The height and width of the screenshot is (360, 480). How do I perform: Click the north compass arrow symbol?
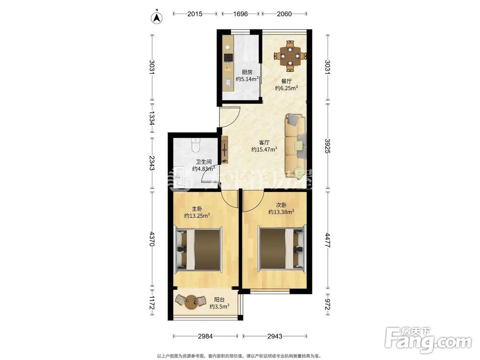(157, 18)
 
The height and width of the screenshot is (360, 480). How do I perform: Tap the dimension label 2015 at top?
(195, 14)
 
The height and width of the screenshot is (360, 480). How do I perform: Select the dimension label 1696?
(240, 14)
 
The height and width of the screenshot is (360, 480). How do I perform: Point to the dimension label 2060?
(284, 14)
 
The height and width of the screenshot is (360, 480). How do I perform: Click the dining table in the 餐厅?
(290, 56)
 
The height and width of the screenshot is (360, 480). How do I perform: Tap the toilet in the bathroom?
(195, 145)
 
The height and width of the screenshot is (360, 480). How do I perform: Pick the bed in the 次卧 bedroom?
(282, 249)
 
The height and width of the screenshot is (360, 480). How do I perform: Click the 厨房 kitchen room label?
(247, 72)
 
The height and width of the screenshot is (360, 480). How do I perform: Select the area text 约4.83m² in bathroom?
(204, 168)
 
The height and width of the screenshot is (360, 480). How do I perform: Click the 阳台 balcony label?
(219, 300)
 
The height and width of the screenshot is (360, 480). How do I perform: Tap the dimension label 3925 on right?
(328, 146)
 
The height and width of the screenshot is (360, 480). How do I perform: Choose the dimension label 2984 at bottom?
(205, 336)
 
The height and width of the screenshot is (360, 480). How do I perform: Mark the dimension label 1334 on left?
(152, 118)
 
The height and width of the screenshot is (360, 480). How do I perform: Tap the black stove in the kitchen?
(228, 58)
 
